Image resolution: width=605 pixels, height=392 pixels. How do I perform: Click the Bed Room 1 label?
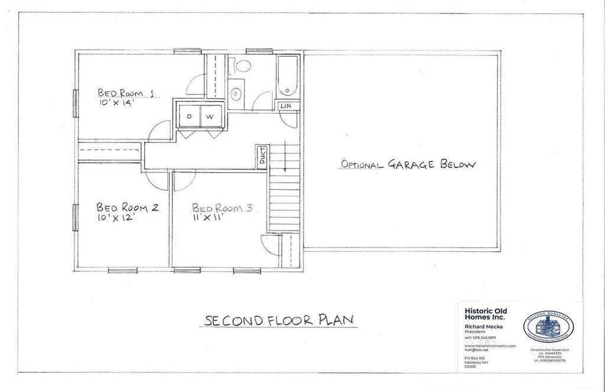tap(125, 93)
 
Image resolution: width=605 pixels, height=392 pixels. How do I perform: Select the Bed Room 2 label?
tap(127, 208)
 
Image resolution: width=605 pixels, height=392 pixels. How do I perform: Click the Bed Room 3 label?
tap(222, 208)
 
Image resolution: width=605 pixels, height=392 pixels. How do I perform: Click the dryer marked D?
tap(189, 116)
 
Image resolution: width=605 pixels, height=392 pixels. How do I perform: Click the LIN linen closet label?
tap(286, 105)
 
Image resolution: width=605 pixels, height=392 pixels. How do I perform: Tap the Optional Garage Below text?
tap(407, 164)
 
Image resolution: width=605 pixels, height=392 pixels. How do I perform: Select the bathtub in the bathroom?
tap(288, 76)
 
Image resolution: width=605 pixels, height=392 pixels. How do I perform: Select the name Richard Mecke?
tap(483, 327)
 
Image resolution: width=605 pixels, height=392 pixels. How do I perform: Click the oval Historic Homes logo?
tap(548, 327)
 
